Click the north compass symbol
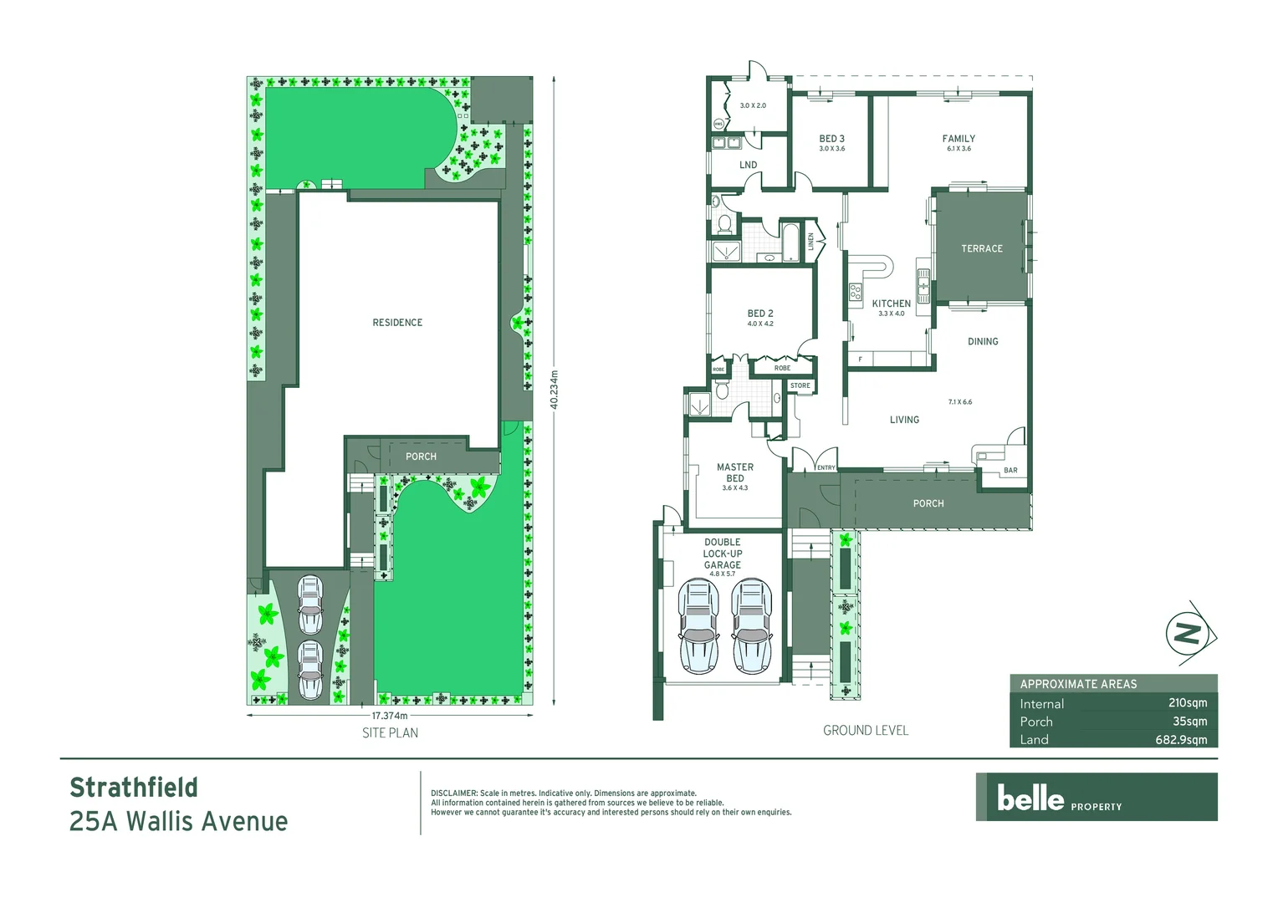click(1189, 633)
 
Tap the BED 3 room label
click(831, 139)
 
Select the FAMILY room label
click(958, 139)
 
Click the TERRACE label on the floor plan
click(981, 249)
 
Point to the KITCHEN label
click(891, 304)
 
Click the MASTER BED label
click(734, 472)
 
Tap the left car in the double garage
click(698, 627)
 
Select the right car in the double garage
click(751, 627)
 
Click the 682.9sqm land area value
click(1181, 740)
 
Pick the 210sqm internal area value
click(1187, 703)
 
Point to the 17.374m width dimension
click(390, 716)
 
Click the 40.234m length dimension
click(554, 390)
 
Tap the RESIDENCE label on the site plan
click(397, 323)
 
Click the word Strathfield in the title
click(134, 788)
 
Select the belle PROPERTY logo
click(1096, 798)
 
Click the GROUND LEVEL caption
click(865, 731)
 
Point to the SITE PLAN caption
click(390, 733)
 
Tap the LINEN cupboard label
click(810, 242)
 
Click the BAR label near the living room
click(1010, 471)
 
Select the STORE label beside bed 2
click(800, 386)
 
